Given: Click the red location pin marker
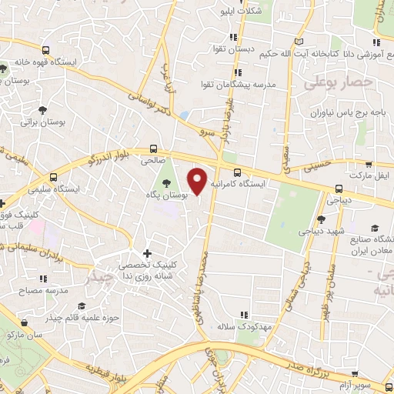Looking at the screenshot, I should [x=199, y=181].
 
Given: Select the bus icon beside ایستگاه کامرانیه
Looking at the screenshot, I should [x=237, y=173].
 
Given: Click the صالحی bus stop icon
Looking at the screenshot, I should [x=154, y=149].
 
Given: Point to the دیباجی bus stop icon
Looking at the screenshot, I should [x=339, y=188].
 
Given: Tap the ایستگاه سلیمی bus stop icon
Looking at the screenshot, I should [x=53, y=176].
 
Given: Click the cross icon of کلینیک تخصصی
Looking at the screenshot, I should [x=148, y=253].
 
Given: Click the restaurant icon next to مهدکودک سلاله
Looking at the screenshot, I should [x=245, y=316].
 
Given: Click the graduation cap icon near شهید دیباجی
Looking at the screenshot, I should [x=375, y=228].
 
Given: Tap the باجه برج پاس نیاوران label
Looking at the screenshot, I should [x=337, y=113].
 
